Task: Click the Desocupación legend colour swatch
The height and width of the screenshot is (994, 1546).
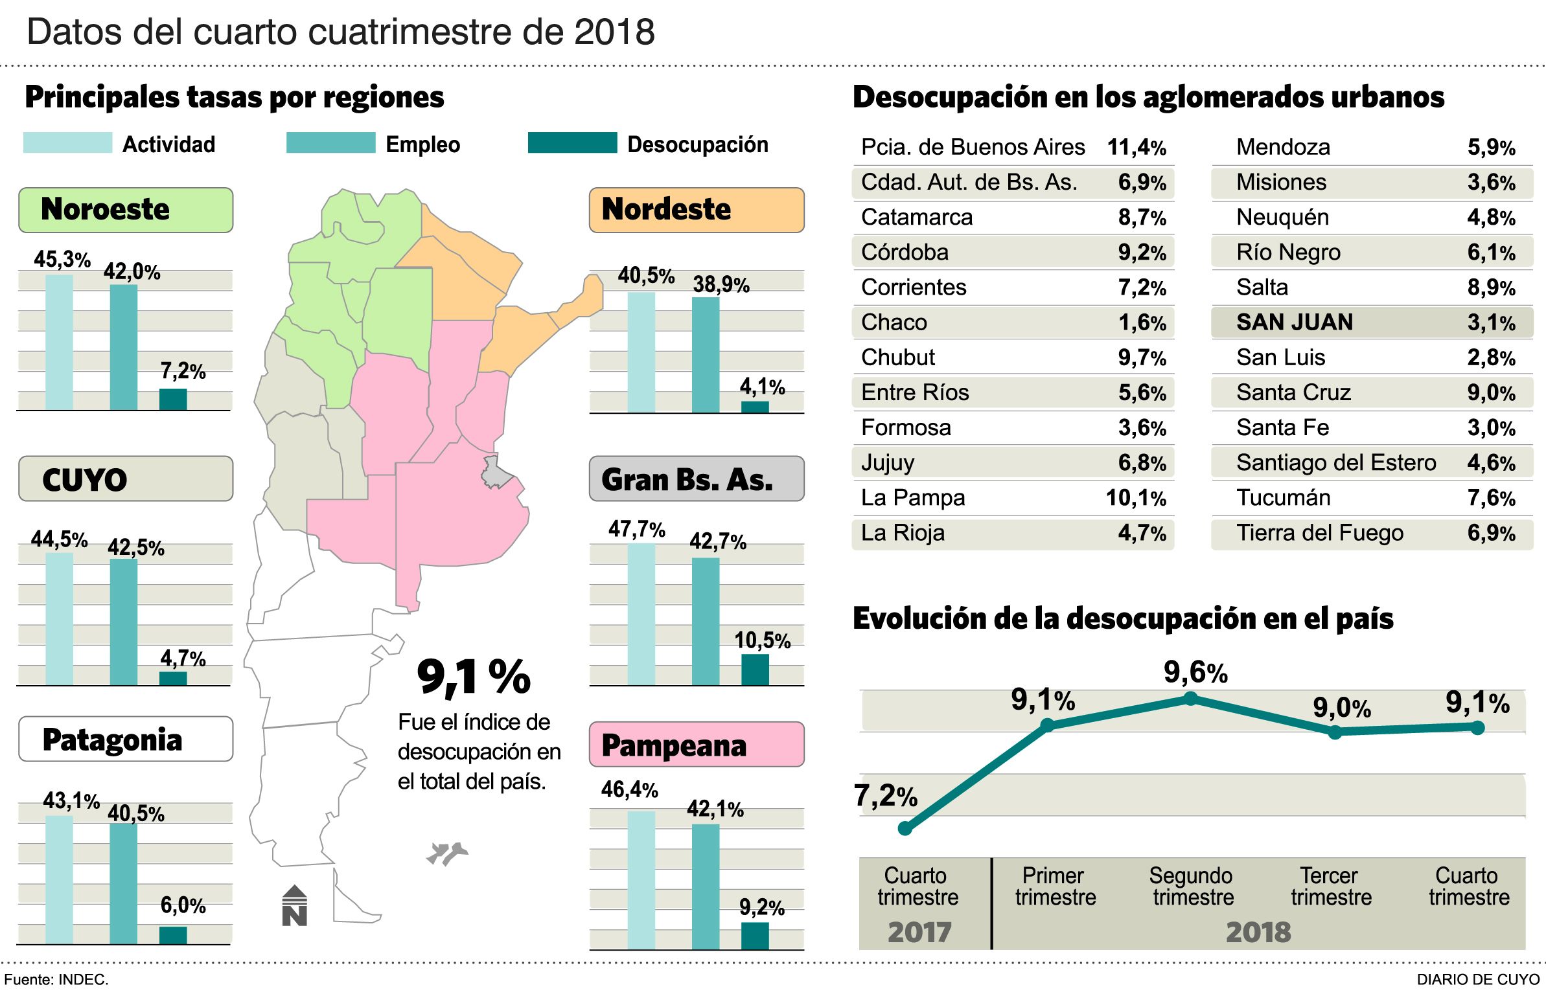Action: click(572, 143)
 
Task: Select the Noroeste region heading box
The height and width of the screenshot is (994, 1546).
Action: click(126, 210)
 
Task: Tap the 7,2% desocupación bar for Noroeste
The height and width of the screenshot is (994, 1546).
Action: click(173, 399)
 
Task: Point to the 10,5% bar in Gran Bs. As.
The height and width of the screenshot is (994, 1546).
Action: click(755, 670)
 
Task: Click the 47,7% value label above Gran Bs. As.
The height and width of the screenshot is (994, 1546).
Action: click(636, 529)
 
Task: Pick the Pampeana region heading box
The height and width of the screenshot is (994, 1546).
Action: click(697, 745)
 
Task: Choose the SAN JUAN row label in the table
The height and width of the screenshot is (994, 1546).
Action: click(1294, 322)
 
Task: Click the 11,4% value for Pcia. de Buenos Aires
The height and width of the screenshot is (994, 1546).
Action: click(1136, 147)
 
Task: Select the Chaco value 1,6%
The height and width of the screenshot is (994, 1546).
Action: click(1142, 322)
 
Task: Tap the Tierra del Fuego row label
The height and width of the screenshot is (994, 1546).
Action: click(1319, 533)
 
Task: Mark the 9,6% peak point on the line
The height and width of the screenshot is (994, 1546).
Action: click(1190, 699)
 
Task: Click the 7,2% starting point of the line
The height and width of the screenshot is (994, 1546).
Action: click(905, 829)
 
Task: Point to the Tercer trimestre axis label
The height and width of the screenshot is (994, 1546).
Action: click(1331, 886)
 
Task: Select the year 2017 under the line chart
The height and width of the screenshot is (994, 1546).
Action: click(919, 932)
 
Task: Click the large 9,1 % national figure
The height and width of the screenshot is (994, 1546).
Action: click(474, 677)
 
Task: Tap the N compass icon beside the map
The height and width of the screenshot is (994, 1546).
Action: click(295, 906)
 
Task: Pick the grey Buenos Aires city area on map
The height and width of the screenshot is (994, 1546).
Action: click(496, 473)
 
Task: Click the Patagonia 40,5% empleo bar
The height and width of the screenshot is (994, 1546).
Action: click(123, 883)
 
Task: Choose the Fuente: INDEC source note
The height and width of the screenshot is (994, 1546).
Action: click(56, 980)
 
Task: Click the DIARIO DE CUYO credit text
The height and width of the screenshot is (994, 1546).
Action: click(1478, 980)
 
